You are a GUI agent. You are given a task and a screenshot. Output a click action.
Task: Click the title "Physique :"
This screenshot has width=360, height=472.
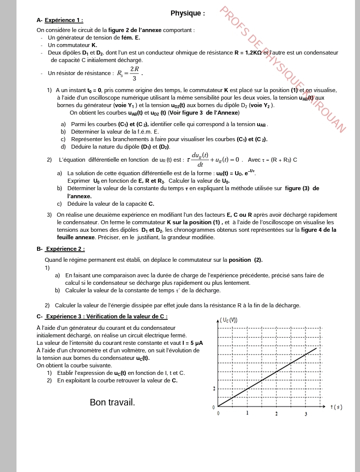(187, 13)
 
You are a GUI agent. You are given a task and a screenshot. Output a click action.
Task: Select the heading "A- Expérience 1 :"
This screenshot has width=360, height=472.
(60, 21)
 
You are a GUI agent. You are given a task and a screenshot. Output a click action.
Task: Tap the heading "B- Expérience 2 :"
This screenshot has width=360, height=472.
(60, 249)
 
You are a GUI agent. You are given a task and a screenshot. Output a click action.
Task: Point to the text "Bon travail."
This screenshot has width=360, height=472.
(112, 402)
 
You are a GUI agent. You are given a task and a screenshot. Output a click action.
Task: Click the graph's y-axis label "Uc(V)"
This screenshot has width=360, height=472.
(228, 320)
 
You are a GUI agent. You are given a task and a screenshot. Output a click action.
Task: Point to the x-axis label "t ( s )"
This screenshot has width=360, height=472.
(336, 407)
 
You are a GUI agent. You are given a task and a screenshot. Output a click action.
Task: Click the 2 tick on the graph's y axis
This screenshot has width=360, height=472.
(214, 388)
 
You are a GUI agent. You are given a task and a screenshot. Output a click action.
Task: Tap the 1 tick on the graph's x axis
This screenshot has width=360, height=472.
(247, 413)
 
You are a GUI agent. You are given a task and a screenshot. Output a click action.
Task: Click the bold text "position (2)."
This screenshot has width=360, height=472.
(245, 260)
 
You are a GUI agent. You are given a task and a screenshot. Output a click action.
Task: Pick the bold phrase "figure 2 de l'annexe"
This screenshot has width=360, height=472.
(135, 31)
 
